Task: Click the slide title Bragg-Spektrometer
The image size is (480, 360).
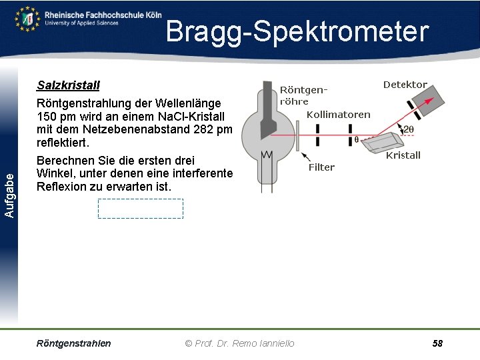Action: (x=297, y=32)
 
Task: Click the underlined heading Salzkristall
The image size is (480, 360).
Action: (x=68, y=86)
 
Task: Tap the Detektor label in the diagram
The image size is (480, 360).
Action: (x=405, y=85)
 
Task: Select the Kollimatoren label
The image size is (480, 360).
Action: (x=338, y=115)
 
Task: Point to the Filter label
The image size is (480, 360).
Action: (x=321, y=167)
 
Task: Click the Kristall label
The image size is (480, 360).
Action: (x=403, y=155)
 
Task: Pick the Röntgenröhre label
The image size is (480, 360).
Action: (x=303, y=95)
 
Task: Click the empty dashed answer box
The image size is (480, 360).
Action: (x=140, y=209)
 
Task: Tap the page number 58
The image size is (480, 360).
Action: (x=437, y=343)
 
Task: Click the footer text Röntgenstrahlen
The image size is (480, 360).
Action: (x=74, y=343)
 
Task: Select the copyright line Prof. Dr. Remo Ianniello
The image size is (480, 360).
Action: (x=239, y=343)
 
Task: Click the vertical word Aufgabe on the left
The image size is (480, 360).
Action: (x=9, y=194)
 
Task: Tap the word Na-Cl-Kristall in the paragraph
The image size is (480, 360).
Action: (x=198, y=117)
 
